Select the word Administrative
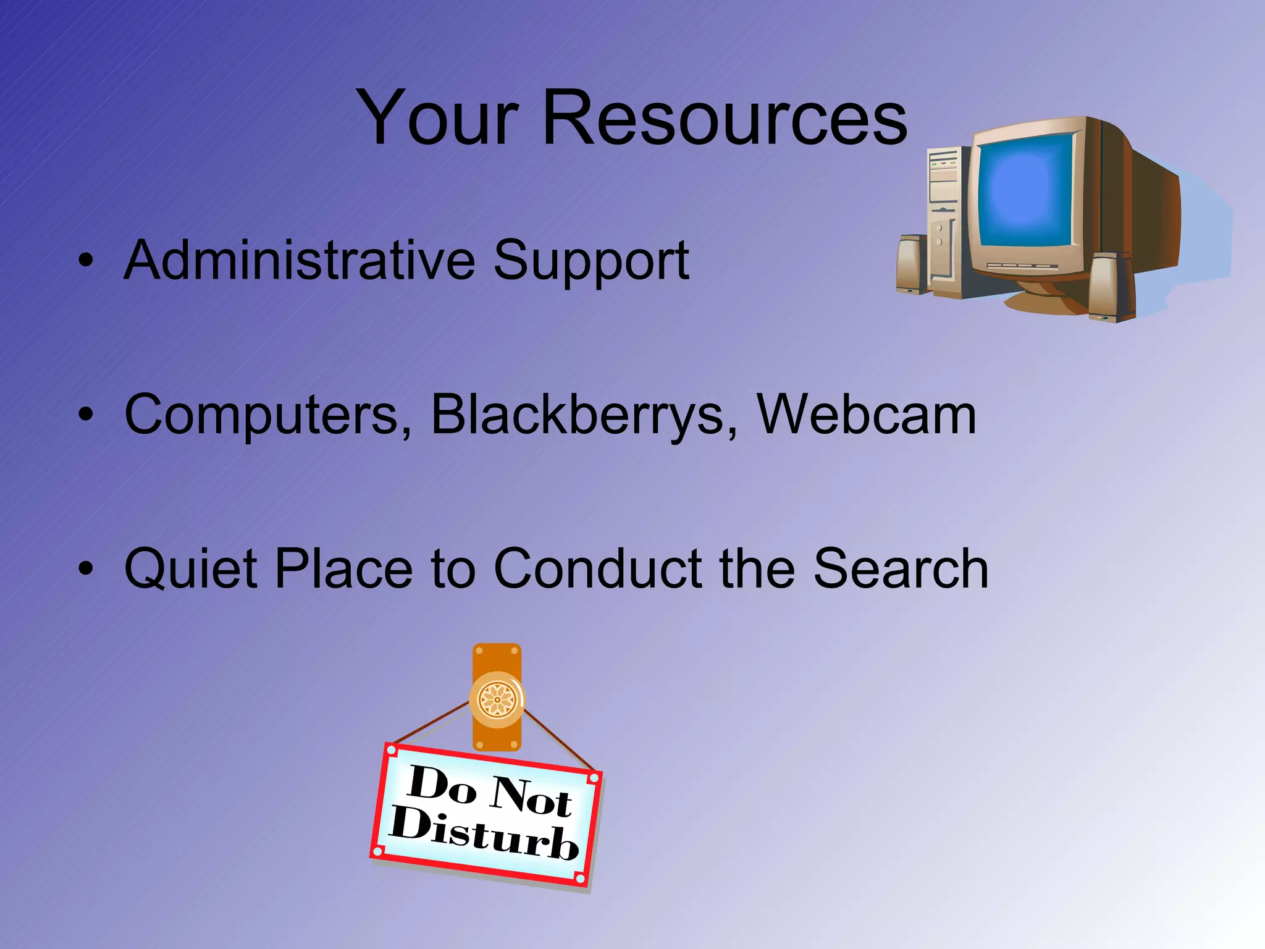point(300,260)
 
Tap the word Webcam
point(867,415)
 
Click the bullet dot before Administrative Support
point(86,260)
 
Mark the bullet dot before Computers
point(86,415)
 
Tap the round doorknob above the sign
point(497,699)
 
